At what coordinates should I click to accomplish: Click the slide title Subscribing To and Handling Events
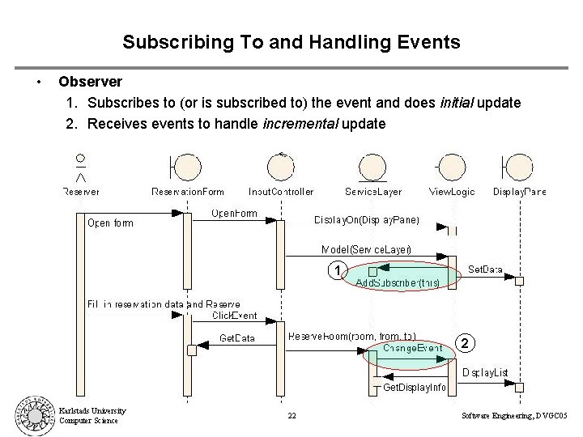coord(291,41)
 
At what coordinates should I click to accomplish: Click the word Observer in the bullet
coord(91,82)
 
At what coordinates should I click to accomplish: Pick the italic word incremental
coord(300,124)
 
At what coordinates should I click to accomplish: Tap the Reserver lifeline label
coord(81,192)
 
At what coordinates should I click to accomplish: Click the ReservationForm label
coord(188,192)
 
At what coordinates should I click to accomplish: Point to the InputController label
coord(281,192)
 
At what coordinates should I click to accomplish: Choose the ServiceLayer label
coord(373,192)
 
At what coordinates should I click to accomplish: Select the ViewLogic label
coord(452,192)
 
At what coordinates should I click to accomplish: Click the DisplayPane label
coord(521,192)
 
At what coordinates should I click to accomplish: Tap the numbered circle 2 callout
coord(464,343)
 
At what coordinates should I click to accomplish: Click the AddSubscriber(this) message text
coord(398,283)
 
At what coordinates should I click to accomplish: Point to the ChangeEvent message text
coord(413,348)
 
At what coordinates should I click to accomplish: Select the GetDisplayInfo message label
coord(414,388)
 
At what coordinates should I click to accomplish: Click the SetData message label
coord(486,269)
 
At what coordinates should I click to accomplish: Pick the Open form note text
coord(110,223)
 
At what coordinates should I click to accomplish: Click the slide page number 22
coord(291,416)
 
